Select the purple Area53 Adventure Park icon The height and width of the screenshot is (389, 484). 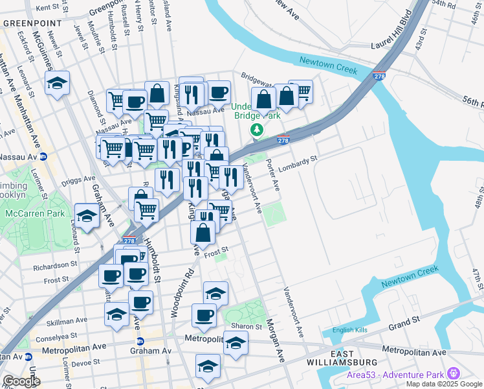(x=454, y=373)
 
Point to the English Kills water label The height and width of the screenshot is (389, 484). (x=349, y=330)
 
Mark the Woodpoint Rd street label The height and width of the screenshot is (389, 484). (x=174, y=294)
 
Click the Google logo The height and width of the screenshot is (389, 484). (x=21, y=381)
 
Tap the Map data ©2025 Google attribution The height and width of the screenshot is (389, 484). (x=444, y=383)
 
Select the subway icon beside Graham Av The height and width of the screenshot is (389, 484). (x=140, y=341)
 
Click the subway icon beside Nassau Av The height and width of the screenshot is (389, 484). (x=44, y=156)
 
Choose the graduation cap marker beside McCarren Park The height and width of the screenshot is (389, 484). (x=87, y=215)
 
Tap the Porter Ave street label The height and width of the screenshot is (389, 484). (x=275, y=175)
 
